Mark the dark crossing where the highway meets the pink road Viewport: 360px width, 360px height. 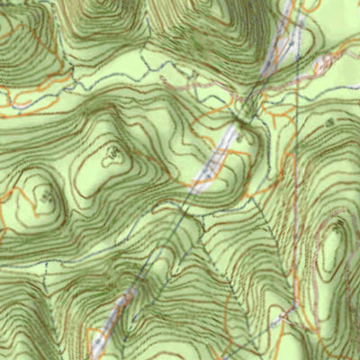click(241, 117)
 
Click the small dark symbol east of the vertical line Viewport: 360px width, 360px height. click(329, 121)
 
